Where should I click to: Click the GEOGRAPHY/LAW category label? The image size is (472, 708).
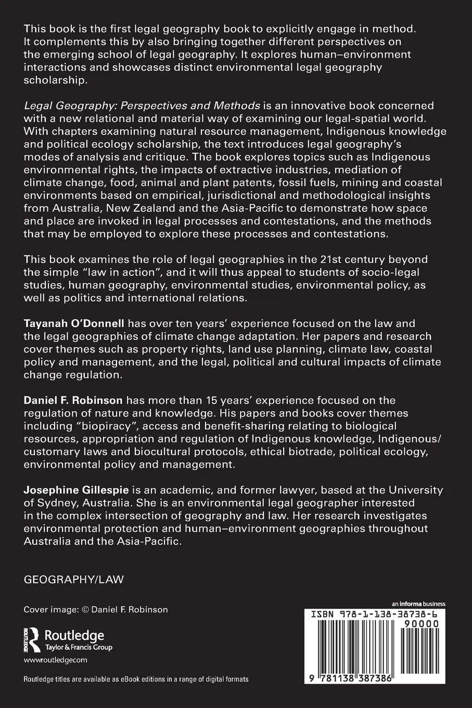point(74,579)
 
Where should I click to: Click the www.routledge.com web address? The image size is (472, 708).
point(55,660)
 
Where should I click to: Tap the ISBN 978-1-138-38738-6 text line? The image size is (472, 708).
point(374,615)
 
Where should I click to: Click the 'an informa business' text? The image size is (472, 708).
point(419,604)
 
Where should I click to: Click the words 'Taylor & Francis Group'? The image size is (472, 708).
point(79,648)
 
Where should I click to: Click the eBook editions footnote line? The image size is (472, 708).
point(136,679)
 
